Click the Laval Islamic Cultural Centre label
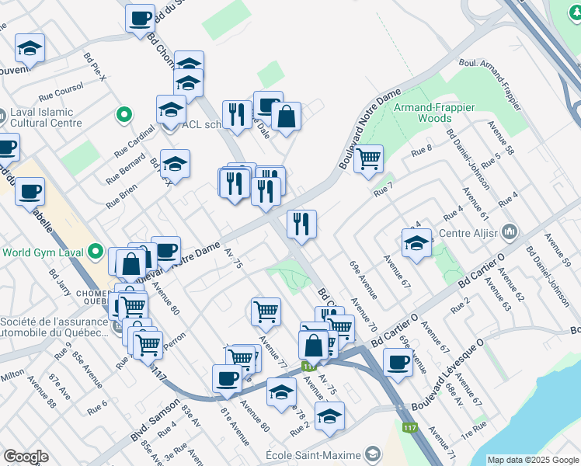click(x=46, y=117)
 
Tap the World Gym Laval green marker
click(x=96, y=252)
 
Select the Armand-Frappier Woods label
click(x=423, y=113)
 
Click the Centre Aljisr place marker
click(x=510, y=231)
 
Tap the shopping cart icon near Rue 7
click(x=368, y=159)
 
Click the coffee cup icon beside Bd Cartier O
click(x=398, y=362)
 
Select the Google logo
click(x=26, y=457)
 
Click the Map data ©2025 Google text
click(x=533, y=459)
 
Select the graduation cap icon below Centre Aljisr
click(x=417, y=243)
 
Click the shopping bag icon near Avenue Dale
click(x=286, y=117)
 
